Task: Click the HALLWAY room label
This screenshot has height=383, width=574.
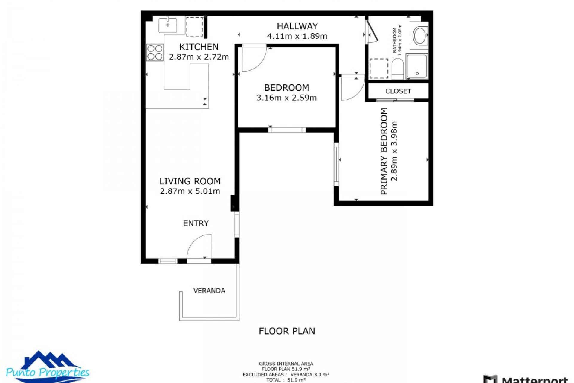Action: tap(297, 26)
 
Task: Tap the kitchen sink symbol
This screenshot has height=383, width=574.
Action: tap(167, 25)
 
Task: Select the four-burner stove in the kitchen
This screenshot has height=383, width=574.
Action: tap(155, 52)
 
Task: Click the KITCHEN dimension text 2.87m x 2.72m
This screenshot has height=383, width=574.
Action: tap(199, 57)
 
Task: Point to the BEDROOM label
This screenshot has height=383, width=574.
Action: tap(286, 88)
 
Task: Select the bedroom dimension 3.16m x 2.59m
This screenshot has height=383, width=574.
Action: tap(286, 98)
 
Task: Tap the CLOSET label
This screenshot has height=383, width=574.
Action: tap(398, 91)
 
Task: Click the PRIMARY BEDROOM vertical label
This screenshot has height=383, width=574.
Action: tap(384, 151)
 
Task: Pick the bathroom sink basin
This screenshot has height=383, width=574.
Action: tap(420, 36)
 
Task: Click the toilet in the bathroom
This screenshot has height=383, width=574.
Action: tap(398, 69)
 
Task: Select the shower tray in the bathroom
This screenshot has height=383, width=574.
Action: tap(417, 66)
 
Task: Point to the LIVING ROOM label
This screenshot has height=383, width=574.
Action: tap(190, 181)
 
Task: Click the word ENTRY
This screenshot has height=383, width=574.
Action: tap(196, 223)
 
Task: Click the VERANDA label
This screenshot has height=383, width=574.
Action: tap(209, 291)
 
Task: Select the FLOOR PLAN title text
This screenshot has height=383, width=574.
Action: tap(287, 331)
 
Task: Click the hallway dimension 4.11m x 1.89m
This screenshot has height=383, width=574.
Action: tap(297, 36)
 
